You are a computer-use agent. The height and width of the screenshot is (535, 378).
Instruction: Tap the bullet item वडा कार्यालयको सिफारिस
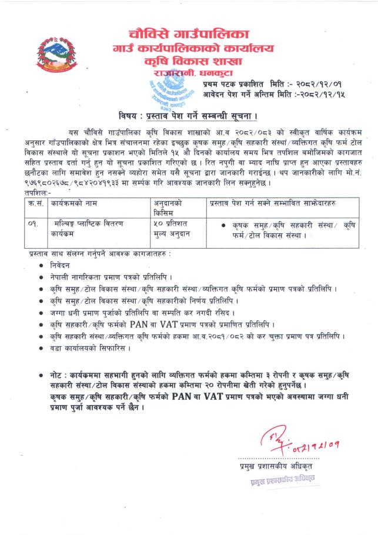coord(89,347)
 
